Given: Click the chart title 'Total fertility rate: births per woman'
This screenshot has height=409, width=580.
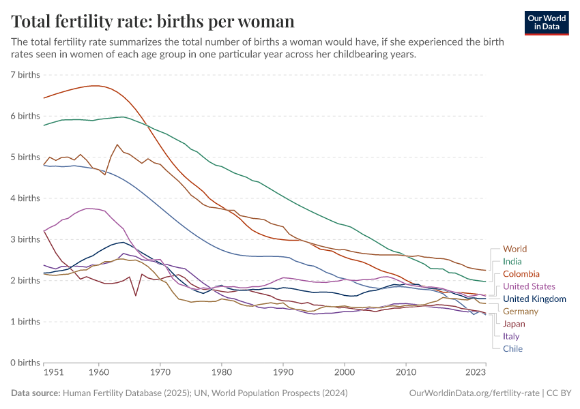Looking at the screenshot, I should point(153,21).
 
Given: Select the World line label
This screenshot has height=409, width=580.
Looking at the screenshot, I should point(514,249).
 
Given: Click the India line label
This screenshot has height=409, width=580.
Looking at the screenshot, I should point(512,261).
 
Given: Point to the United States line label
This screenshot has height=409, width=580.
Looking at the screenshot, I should point(529,286).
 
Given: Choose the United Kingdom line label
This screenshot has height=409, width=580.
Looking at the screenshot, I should point(534,299).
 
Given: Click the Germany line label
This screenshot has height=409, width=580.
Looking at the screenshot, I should point(521,311).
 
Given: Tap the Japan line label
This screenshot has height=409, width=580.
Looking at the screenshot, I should point(514,324).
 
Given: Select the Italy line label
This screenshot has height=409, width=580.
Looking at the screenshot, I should point(511,336).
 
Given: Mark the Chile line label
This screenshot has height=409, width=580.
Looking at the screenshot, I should point(512,348).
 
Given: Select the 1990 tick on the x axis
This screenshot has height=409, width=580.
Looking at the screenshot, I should point(283,373).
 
